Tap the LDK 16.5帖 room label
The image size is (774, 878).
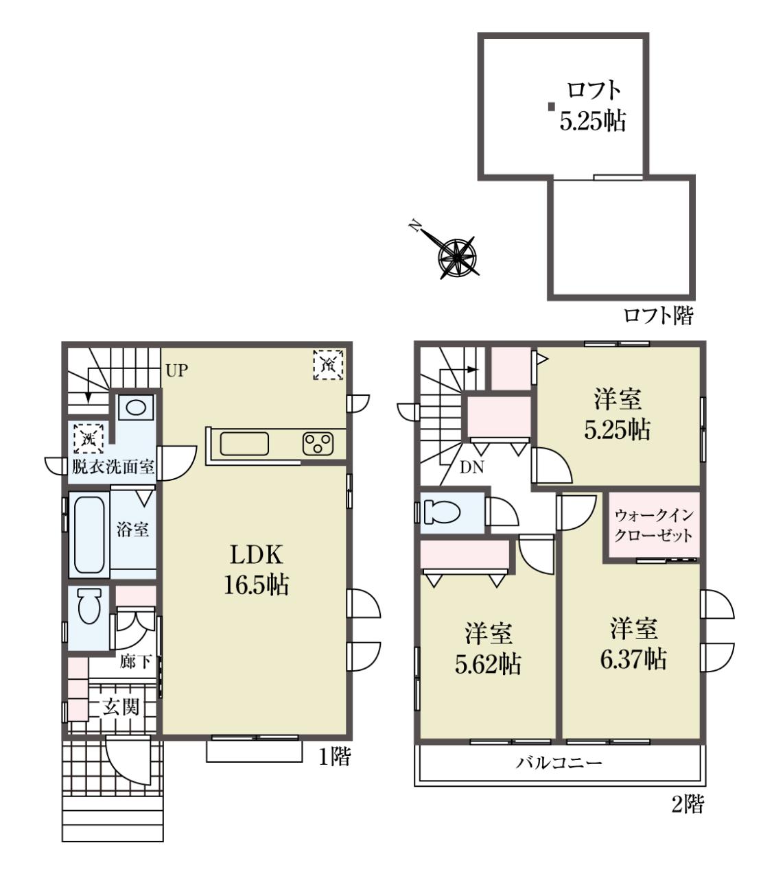(256, 569)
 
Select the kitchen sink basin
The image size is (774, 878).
(244, 444)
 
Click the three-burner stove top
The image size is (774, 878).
(318, 444)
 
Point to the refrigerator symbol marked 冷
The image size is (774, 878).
(328, 365)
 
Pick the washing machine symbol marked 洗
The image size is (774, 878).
(89, 438)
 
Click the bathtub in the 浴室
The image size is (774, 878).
(89, 534)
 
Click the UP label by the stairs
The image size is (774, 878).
(176, 370)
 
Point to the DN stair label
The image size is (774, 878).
(472, 467)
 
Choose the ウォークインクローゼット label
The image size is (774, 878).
(654, 525)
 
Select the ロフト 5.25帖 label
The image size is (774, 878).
(593, 106)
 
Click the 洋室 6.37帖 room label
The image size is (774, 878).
(633, 644)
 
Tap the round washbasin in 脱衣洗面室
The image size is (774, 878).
(135, 407)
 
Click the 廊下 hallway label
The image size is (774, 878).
(136, 661)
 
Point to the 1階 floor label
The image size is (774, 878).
(335, 757)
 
